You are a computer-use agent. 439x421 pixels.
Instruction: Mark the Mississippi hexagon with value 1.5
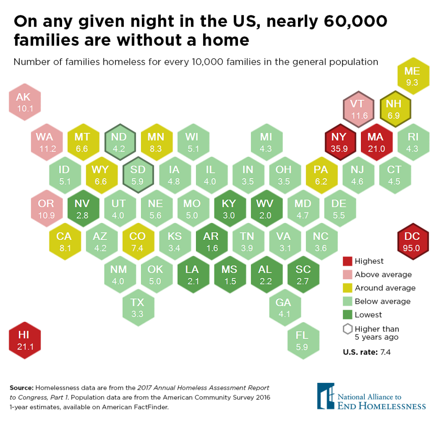coord(229,275)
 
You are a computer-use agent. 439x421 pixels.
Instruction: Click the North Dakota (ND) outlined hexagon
coord(120,143)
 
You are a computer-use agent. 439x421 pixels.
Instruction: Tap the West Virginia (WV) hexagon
coord(265,209)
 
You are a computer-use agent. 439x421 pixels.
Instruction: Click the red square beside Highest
coord(347,261)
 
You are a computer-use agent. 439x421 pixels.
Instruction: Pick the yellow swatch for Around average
coord(347,288)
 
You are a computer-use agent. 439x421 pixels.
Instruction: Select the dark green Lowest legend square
coord(347,315)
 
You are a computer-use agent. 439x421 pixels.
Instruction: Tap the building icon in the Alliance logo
coord(325,396)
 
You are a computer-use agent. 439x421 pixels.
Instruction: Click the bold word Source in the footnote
coord(21,388)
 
